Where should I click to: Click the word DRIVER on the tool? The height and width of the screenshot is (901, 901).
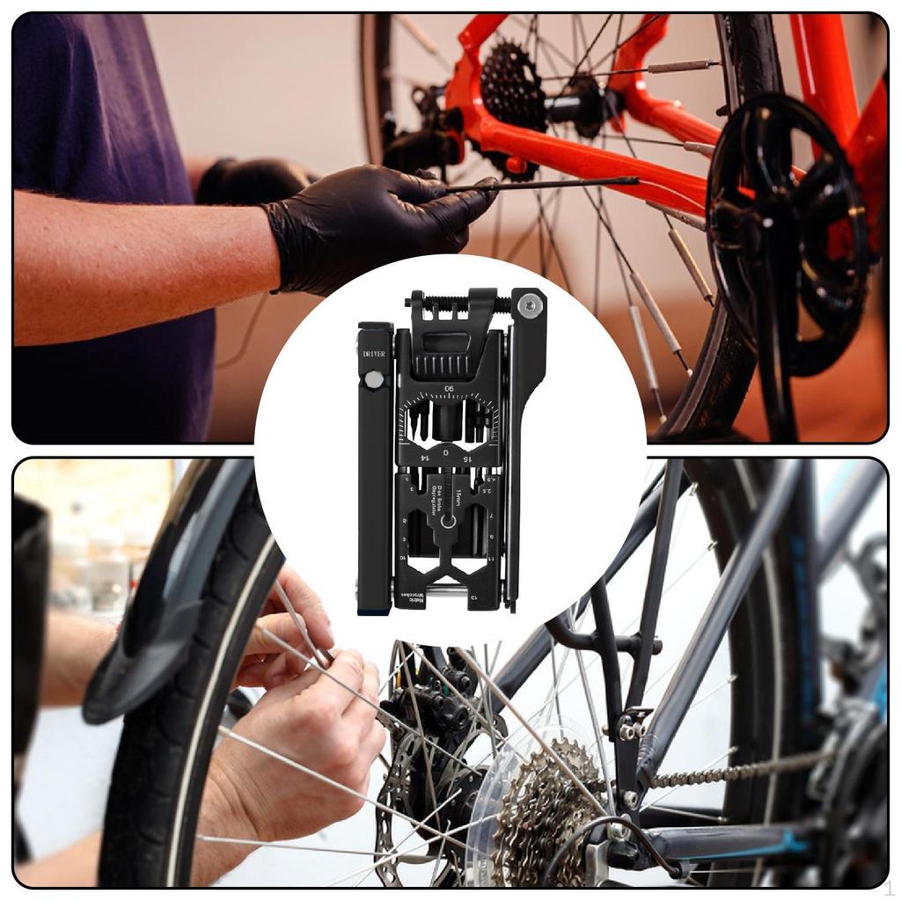point(374,355)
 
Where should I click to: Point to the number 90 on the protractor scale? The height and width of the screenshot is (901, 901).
point(449,389)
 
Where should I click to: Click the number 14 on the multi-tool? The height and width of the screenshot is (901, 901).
point(425,458)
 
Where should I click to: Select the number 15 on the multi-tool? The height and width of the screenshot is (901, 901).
point(467,458)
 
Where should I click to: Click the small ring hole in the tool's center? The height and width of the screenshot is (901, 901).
point(449,521)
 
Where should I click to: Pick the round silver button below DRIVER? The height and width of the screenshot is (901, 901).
point(375,380)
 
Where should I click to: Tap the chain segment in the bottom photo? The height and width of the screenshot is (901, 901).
point(730,772)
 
